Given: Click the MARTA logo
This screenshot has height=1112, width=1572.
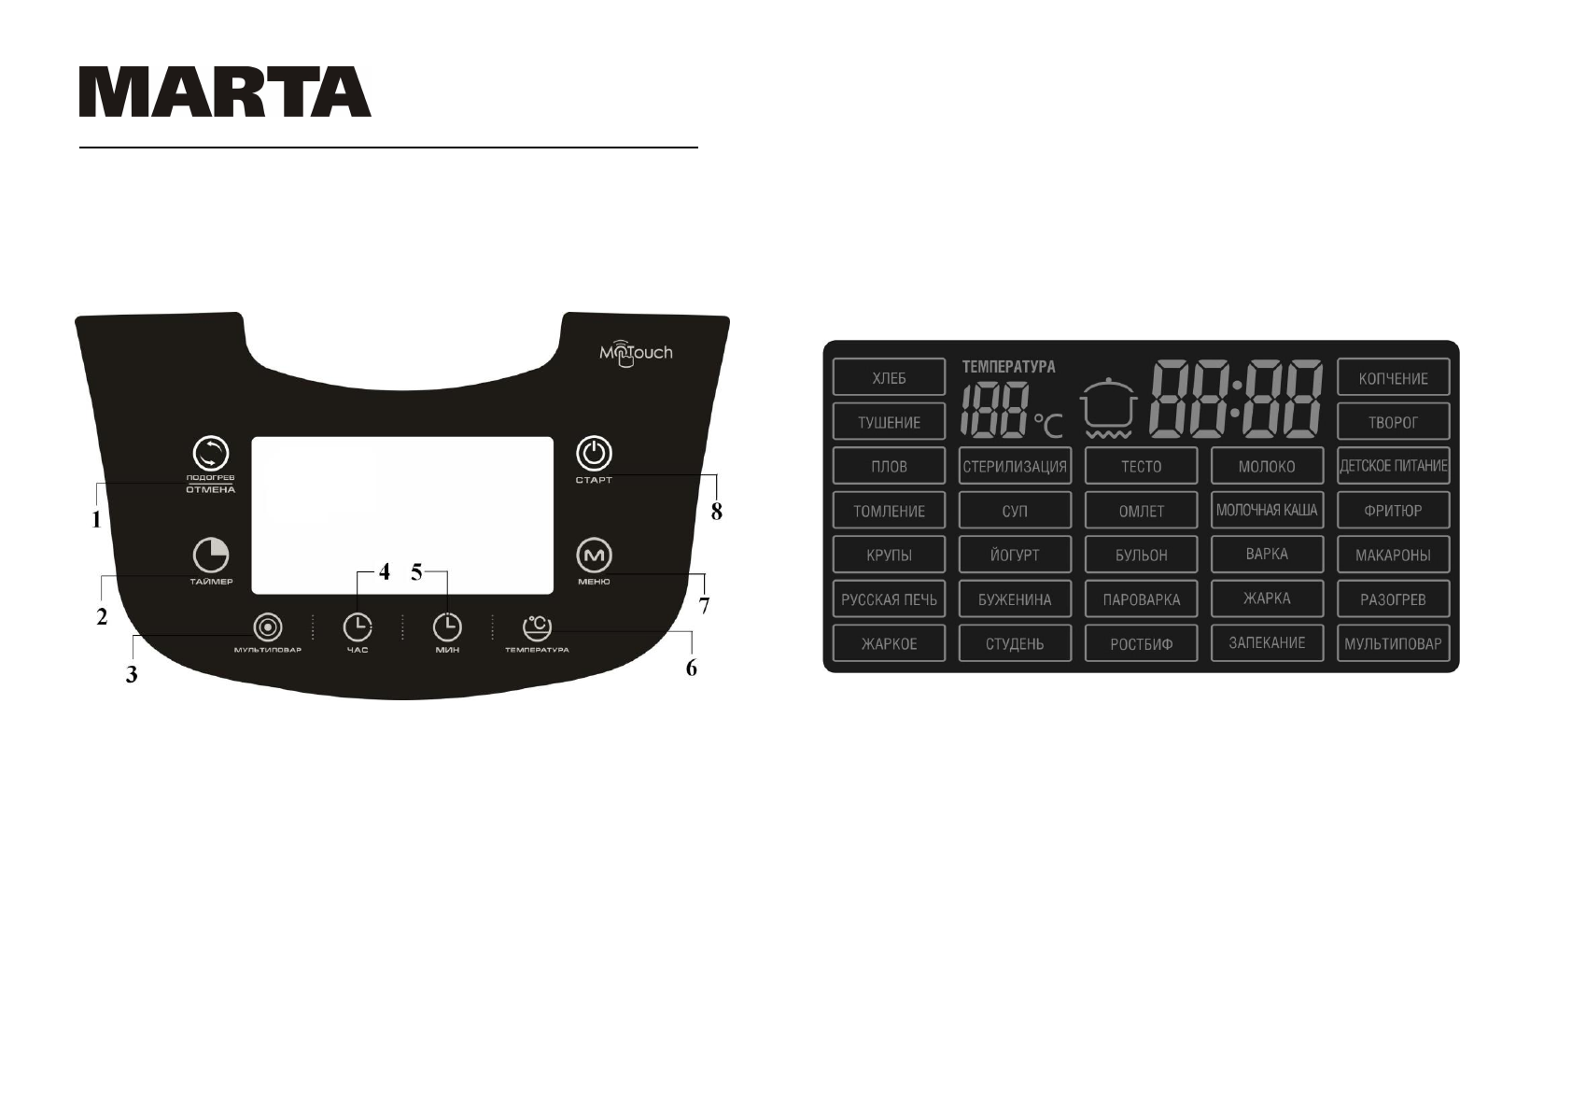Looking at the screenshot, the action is click(225, 91).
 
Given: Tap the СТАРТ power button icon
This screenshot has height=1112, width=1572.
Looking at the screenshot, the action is click(594, 454).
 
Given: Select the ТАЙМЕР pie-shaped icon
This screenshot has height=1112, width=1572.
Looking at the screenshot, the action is click(211, 556).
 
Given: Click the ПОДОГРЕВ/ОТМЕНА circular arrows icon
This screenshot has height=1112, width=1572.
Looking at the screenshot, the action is click(210, 454).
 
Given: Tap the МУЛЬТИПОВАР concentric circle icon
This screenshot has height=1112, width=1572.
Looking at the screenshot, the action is click(268, 626).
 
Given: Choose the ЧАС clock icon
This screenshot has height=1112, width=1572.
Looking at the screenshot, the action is click(357, 626).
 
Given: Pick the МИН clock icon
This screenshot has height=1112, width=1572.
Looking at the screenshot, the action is click(447, 626).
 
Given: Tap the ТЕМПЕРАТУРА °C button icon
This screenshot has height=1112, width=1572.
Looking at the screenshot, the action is click(537, 626).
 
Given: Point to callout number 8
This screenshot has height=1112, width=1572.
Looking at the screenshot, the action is click(716, 512).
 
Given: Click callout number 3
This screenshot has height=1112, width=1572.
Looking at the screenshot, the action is click(132, 675).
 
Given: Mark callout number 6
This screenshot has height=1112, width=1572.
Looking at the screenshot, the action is click(691, 669).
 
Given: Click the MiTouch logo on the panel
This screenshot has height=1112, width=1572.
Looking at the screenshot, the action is click(635, 354).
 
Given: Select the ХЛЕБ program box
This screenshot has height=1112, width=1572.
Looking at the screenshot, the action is click(889, 378).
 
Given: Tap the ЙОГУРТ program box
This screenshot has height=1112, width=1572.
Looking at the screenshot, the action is click(1015, 555).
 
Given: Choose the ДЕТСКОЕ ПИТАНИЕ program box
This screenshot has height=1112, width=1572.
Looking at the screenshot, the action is click(1393, 466).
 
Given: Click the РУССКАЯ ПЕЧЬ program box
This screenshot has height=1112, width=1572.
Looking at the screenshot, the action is click(889, 599).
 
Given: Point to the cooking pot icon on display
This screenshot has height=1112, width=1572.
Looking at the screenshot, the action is click(1109, 409).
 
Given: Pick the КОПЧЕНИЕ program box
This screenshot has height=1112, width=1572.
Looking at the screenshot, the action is click(1393, 378).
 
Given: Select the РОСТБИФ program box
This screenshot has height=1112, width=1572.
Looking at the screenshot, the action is click(1141, 643).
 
